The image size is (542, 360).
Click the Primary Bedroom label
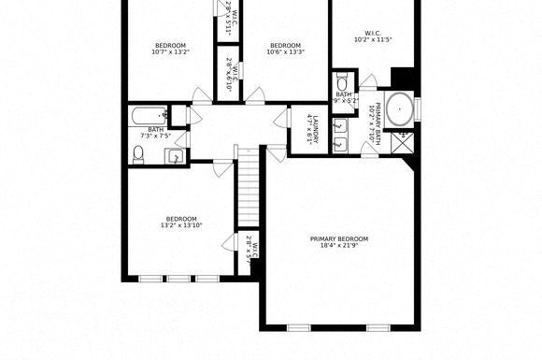coord(339,238)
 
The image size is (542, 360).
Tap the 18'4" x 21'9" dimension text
coord(339,246)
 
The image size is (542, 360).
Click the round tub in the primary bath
coord(400,109)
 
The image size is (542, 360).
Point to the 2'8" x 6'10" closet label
coord(230,70)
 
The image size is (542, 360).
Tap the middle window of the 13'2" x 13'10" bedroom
coord(178,278)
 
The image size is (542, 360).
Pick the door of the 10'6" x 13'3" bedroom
coord(256,95)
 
